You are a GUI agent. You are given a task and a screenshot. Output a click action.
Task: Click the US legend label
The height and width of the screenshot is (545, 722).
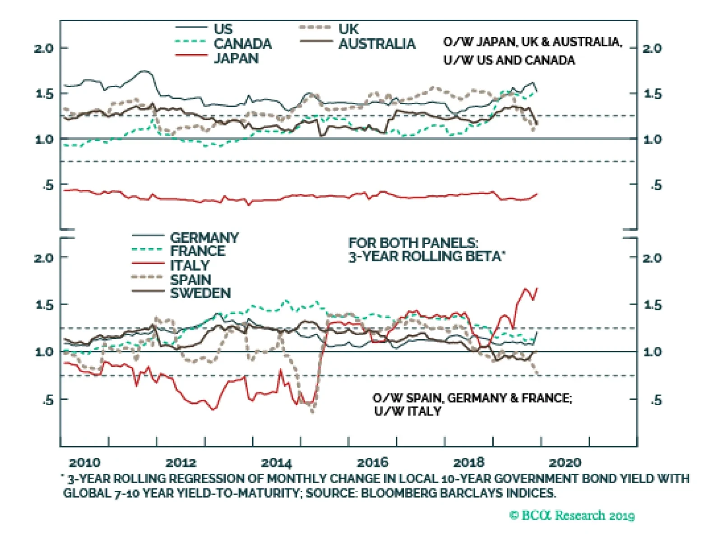click(x=223, y=29)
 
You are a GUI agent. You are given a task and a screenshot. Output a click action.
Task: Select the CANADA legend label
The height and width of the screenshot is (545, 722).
click(x=242, y=44)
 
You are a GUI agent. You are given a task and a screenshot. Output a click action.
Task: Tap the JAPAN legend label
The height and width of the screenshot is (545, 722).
click(x=236, y=58)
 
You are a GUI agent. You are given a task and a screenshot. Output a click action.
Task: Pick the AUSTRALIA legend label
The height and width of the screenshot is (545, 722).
click(x=377, y=44)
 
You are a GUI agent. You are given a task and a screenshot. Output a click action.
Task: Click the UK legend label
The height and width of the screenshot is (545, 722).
click(x=348, y=29)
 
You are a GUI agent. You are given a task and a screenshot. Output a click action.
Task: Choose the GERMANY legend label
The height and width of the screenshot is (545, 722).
click(x=204, y=237)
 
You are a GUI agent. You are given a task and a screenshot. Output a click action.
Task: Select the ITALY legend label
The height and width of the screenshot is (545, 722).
click(x=190, y=265)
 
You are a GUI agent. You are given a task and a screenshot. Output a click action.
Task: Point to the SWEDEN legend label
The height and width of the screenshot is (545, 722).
click(x=200, y=293)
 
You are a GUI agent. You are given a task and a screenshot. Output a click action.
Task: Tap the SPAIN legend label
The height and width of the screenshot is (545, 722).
click(x=190, y=280)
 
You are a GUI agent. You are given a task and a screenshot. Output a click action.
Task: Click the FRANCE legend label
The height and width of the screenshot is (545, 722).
click(x=198, y=251)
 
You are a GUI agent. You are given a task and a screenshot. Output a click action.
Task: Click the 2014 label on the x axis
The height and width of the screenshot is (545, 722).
click(x=276, y=463)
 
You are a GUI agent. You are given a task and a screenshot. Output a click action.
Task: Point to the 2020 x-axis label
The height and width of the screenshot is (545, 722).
click(x=565, y=463)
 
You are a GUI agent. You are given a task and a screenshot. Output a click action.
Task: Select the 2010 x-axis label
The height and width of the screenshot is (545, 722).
click(x=84, y=463)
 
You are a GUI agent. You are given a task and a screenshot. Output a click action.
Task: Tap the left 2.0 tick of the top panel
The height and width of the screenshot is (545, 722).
click(x=43, y=48)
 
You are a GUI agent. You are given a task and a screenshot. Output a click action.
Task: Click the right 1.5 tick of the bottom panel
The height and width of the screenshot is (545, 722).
click(x=653, y=305)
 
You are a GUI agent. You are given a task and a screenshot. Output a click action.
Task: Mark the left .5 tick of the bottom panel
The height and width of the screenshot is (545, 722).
click(x=48, y=400)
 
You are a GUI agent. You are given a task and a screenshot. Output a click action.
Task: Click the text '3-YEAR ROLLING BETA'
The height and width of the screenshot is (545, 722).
click(x=426, y=257)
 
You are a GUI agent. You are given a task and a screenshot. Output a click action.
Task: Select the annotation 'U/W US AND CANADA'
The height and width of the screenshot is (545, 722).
click(x=509, y=60)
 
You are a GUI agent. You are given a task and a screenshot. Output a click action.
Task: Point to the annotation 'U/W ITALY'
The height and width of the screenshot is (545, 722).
click(x=407, y=411)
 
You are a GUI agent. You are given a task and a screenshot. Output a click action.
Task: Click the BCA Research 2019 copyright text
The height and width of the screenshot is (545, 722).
click(x=572, y=515)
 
